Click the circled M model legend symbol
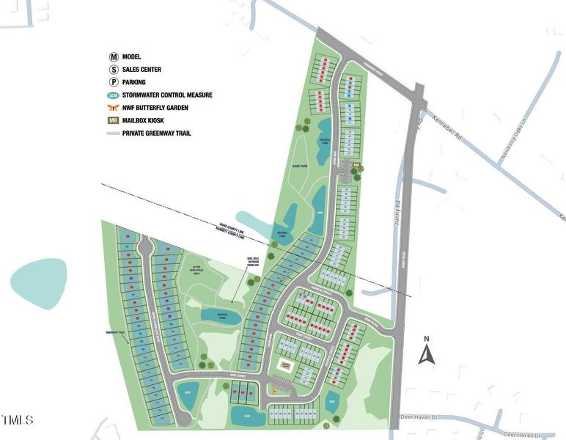coord(114,56)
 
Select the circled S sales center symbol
coord(114,70)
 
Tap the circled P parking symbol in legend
coord(114,82)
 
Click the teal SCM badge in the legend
coord(114,95)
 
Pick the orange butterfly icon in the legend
coord(114,108)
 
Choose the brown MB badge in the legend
coord(114,120)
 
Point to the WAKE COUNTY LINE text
coord(227,229)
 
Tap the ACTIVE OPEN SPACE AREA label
coord(201,270)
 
